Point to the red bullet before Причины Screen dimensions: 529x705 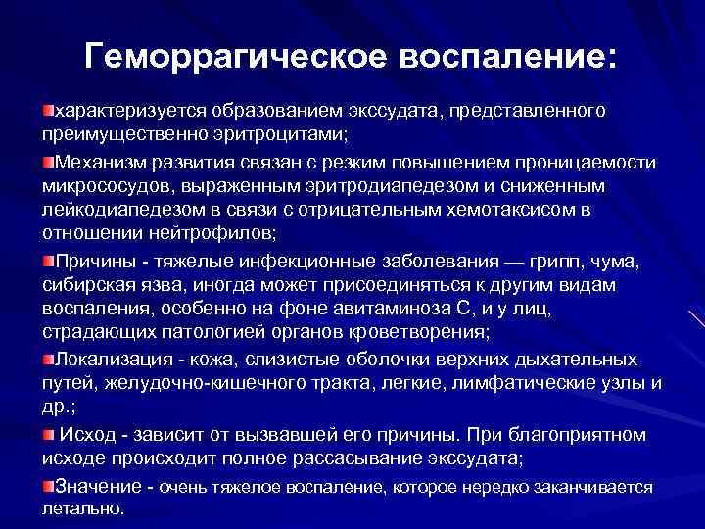click(x=48, y=260)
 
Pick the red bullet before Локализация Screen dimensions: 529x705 click(x=48, y=358)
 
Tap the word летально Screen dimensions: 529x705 click(x=83, y=509)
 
